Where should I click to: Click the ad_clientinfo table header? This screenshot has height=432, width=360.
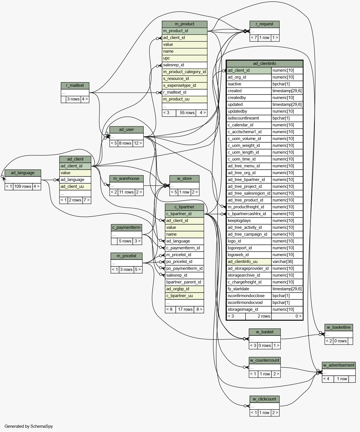click(x=265, y=63)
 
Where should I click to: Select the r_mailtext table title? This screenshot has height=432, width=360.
click(x=75, y=85)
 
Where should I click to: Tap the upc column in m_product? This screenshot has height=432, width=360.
click(x=185, y=58)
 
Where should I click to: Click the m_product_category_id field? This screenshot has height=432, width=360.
click(x=185, y=72)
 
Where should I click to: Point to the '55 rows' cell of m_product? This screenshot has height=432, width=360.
click(x=186, y=113)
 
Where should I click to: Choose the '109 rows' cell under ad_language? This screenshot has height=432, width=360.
click(x=23, y=186)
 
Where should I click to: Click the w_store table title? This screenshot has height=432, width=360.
click(x=184, y=178)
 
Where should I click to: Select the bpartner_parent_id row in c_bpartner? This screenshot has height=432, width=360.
click(x=184, y=282)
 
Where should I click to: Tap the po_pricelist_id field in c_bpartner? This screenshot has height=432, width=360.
click(x=184, y=262)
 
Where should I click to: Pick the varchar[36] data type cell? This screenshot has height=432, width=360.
click(x=287, y=262)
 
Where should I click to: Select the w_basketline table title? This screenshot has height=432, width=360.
click(x=339, y=327)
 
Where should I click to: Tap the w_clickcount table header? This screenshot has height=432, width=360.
click(x=265, y=399)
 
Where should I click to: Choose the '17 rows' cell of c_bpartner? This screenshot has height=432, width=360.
click(x=185, y=310)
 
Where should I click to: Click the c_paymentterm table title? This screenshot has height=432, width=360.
click(x=126, y=228)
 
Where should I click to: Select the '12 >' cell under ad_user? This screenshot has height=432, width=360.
click(x=138, y=143)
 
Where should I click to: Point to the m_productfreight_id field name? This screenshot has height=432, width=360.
click(x=246, y=207)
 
